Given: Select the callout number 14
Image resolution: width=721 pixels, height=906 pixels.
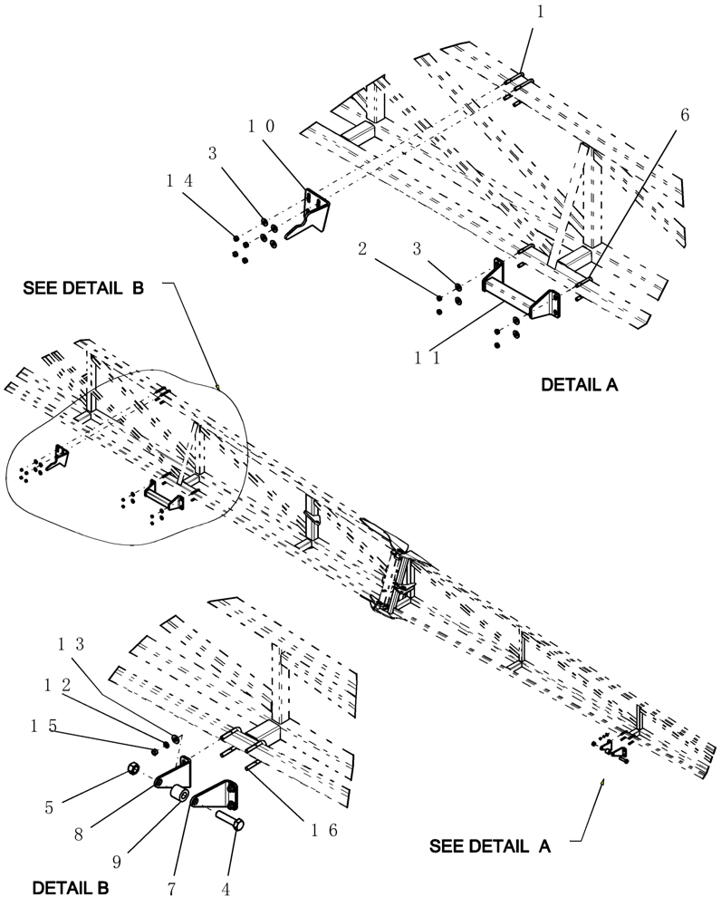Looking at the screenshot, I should click(x=179, y=180).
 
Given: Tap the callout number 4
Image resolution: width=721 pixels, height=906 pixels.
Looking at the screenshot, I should click(x=226, y=888).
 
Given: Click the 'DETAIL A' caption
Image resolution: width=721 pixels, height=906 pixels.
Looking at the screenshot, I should click(x=579, y=384).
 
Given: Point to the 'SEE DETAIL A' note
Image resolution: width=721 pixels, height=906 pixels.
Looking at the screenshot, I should click(x=490, y=845).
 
